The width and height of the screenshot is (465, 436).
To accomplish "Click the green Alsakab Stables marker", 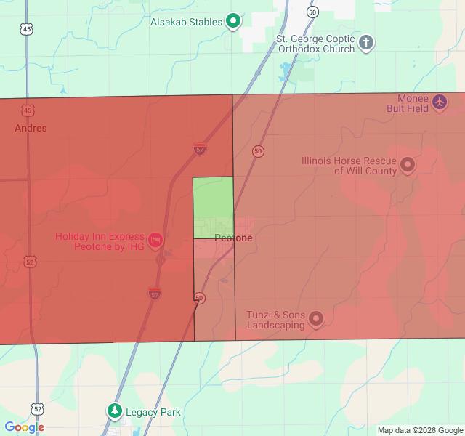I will [x=233, y=21].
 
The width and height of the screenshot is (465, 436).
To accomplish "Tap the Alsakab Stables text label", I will [x=186, y=22].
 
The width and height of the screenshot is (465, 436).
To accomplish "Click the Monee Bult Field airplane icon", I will [x=439, y=102].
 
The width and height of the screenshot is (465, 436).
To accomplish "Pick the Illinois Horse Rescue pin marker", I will [x=408, y=165].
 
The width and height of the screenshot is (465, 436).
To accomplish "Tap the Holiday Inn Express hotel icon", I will [x=155, y=239].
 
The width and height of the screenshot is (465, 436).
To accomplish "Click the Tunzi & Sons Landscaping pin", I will [x=316, y=318].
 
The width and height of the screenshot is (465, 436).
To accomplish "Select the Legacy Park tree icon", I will [x=115, y=411].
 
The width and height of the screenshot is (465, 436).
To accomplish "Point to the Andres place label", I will [x=31, y=128].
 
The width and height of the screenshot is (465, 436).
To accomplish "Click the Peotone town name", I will [x=233, y=238].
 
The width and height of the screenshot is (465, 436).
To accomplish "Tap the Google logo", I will [x=24, y=427].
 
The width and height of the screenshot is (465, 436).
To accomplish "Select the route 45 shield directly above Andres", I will [x=28, y=110].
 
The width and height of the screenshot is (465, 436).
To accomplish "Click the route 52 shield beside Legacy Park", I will [x=37, y=409].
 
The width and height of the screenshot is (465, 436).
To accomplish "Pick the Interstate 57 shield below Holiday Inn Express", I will [x=155, y=294].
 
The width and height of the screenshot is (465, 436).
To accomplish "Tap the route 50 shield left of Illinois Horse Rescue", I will [x=258, y=151].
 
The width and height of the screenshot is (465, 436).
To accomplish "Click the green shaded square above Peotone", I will [x=213, y=207].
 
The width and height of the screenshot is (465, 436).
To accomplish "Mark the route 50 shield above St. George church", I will [x=312, y=12].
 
